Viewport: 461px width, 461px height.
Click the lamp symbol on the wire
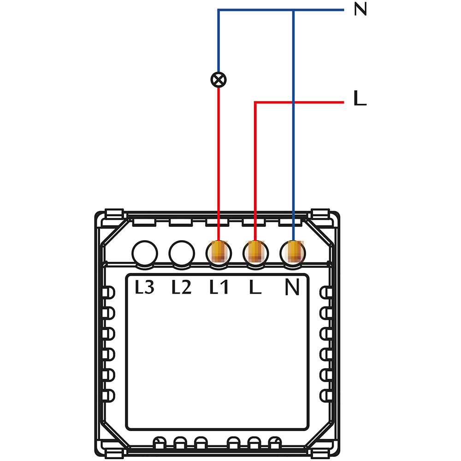point(219,80)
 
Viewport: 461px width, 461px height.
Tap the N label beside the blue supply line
point(360,10)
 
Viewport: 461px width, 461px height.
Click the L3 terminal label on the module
point(144,288)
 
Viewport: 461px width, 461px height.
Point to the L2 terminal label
point(181,288)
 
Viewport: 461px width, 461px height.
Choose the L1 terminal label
point(219,288)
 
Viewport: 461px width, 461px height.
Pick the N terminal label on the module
point(292,288)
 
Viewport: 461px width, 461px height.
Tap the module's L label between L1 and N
point(254,288)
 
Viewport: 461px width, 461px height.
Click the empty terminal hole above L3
point(145,253)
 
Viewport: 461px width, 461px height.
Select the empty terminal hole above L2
point(182,253)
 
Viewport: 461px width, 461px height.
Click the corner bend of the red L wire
point(255,102)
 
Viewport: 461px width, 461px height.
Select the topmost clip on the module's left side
point(109,293)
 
